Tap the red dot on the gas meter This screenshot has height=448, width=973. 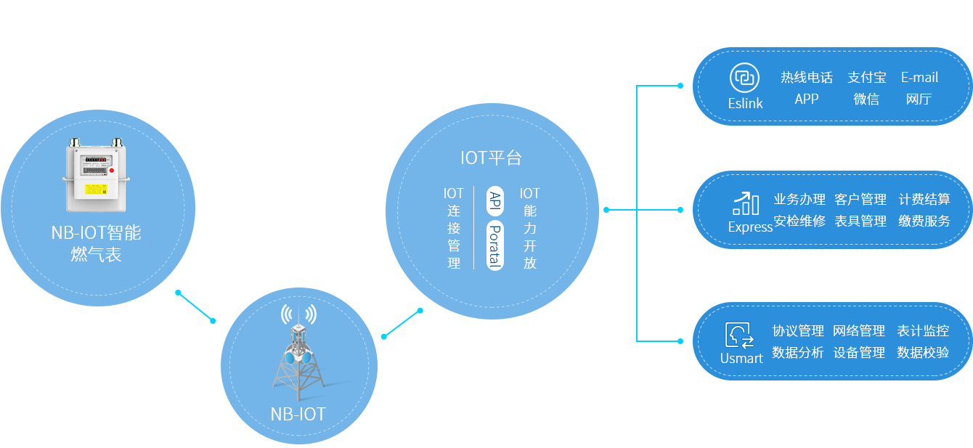(111, 171)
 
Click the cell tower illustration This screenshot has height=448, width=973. (298, 353)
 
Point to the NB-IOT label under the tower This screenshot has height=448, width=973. (298, 415)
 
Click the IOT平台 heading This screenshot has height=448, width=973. (491, 158)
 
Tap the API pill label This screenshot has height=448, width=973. (494, 200)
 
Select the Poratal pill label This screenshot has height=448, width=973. (494, 245)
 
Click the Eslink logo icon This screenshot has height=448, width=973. (744, 78)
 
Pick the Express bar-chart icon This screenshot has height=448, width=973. (746, 204)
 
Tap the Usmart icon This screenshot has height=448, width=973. (740, 335)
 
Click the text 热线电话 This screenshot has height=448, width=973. (807, 78)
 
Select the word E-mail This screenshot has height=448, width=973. (919, 78)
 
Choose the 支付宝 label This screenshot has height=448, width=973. (867, 78)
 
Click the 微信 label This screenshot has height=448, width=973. (866, 99)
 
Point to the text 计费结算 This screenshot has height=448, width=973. (924, 199)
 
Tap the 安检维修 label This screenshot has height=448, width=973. (799, 221)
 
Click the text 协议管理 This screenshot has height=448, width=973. (798, 331)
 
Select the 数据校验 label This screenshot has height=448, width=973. (923, 353)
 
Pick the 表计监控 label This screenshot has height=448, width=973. (923, 331)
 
